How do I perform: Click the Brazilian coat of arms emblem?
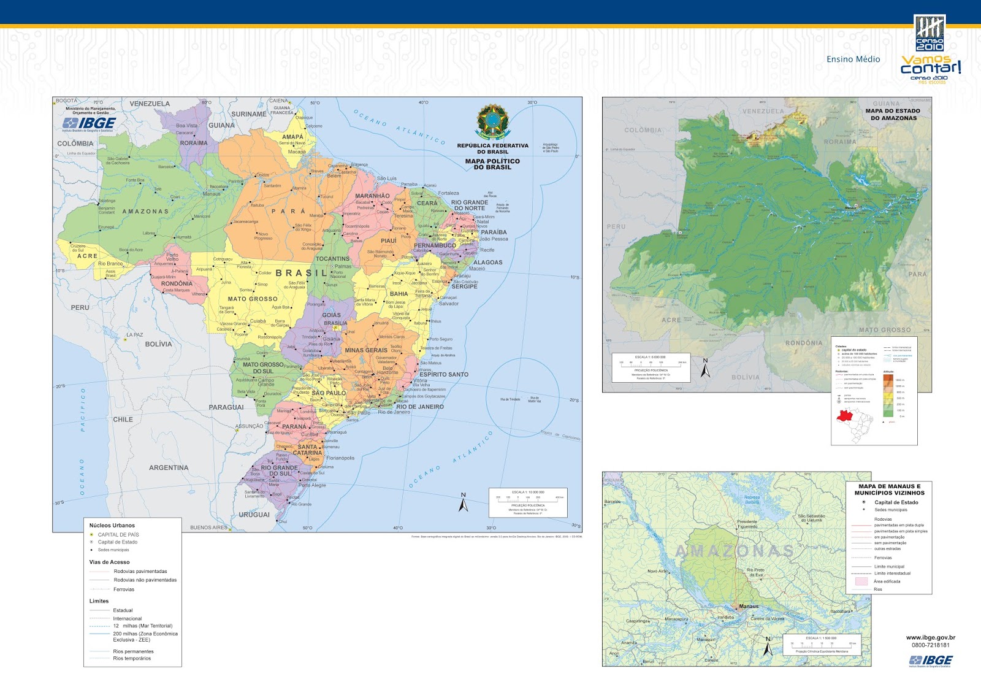[492, 121]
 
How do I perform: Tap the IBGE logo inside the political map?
[90, 124]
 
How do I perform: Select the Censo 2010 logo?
[929, 34]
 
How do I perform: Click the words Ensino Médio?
[853, 59]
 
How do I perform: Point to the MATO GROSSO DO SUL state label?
[263, 368]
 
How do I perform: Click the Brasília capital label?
[335, 323]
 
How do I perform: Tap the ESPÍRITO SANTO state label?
[443, 374]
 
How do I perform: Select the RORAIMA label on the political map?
[194, 143]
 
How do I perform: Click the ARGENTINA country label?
[169, 467]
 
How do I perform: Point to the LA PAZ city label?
[134, 335]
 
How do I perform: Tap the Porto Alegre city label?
[312, 485]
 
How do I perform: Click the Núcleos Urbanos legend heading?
[112, 526]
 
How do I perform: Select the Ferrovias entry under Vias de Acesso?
[123, 589]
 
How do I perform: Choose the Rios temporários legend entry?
[132, 658]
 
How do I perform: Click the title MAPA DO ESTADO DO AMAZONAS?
[893, 115]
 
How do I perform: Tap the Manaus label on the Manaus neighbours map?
[749, 606]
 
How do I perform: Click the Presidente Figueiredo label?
[747, 524]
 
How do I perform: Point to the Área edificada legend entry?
[887, 581]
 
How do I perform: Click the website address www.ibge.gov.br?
[930, 638]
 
